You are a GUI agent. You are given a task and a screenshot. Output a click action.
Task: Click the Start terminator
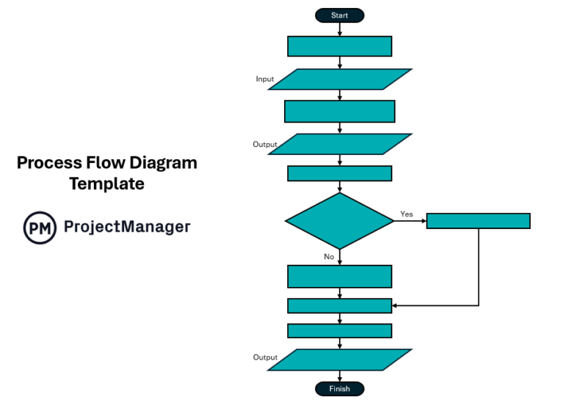point(339,15)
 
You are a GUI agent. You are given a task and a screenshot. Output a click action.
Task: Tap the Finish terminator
point(339,389)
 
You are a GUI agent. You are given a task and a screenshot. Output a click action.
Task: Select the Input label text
point(265,79)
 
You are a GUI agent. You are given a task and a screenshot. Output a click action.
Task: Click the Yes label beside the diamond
point(406,214)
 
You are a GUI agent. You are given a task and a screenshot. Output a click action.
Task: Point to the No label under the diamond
point(329,257)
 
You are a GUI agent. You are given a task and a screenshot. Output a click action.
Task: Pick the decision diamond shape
point(339,221)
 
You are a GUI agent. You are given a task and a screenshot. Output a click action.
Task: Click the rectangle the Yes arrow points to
point(478,221)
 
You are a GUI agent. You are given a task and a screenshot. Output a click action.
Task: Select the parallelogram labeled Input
point(339,79)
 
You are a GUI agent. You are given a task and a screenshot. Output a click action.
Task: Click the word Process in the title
point(46,163)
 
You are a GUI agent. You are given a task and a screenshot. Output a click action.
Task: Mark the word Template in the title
point(106,184)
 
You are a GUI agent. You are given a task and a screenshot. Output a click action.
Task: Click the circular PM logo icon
point(40,227)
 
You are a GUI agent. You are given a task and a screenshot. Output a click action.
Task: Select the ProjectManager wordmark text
point(126,227)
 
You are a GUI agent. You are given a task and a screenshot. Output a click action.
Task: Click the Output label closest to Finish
point(265,357)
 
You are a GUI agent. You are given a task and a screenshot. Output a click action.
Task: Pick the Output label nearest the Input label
point(265,145)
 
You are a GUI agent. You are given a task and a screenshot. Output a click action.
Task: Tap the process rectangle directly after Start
point(339,46)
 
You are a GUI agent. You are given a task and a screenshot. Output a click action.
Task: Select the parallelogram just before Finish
point(339,360)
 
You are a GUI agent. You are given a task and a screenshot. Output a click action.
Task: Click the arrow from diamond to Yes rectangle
point(410,221)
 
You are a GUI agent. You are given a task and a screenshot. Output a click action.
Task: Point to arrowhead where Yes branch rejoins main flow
point(395,305)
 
